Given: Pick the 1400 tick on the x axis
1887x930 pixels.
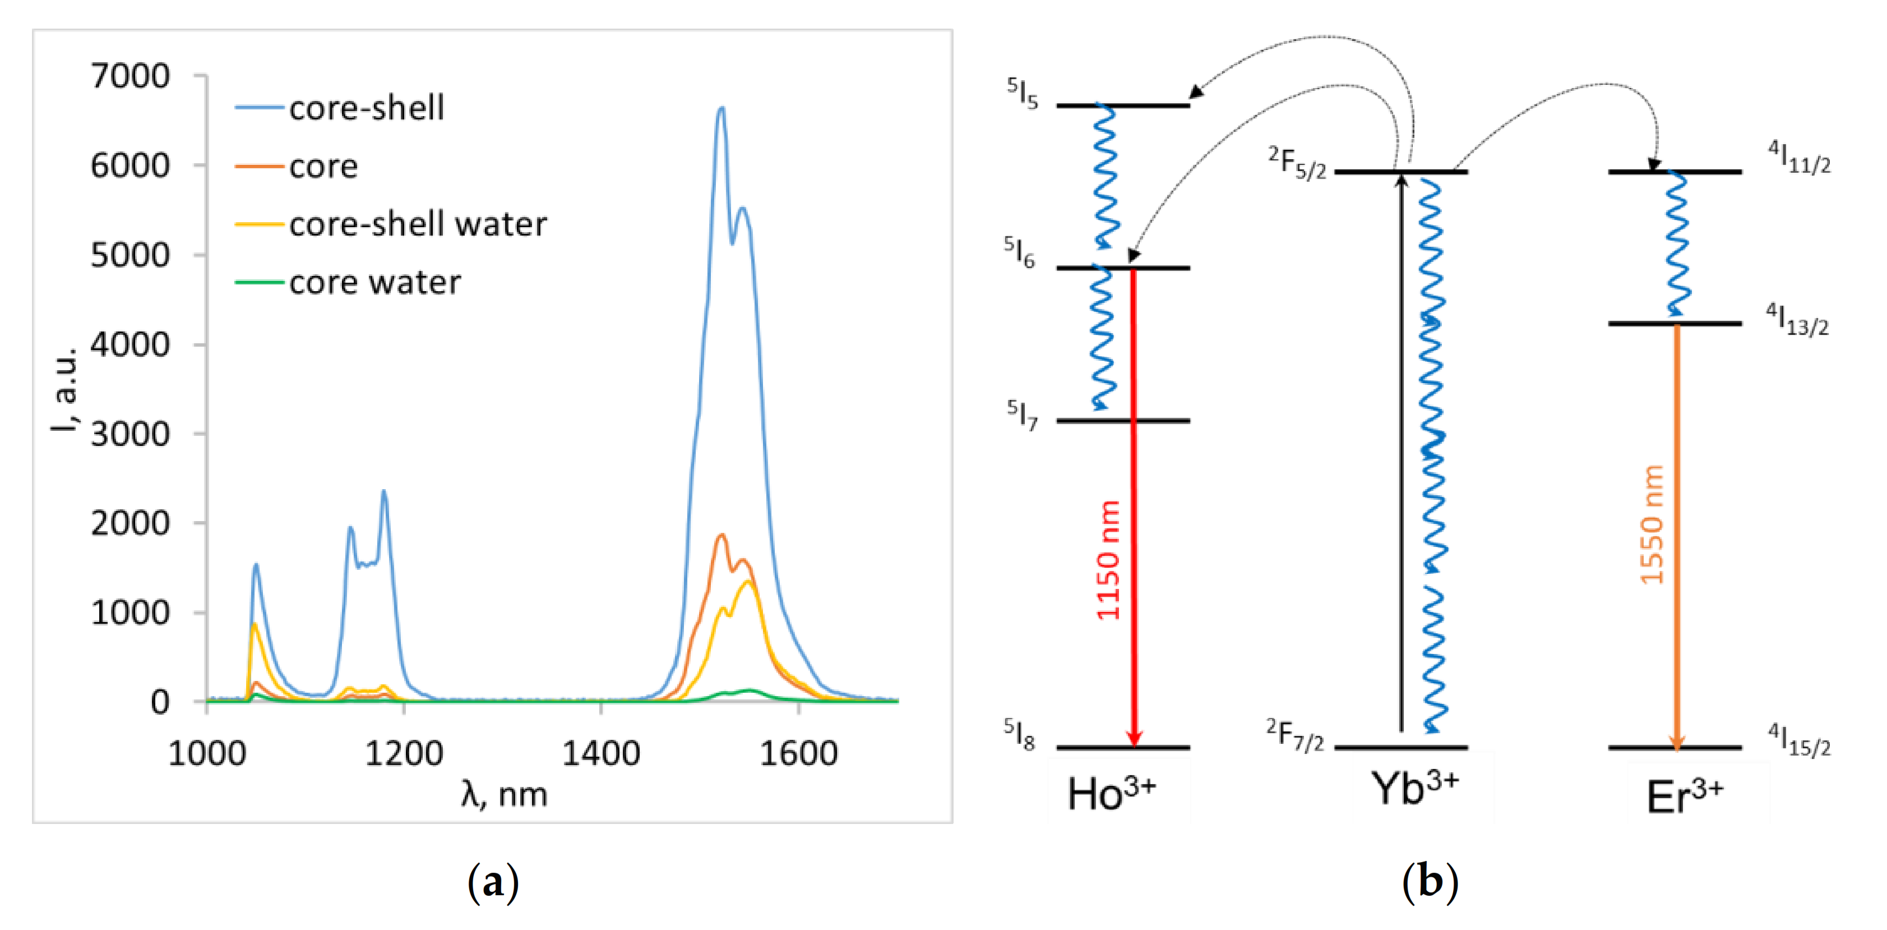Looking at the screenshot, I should (600, 753).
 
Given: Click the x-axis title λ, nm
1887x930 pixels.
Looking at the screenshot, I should (504, 794).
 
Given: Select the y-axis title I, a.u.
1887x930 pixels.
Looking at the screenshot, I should (64, 388).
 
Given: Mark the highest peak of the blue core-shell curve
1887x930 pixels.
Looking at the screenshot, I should (721, 108).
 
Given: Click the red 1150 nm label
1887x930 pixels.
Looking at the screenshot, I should (1108, 561).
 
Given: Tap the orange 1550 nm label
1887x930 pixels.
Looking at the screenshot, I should (1652, 524).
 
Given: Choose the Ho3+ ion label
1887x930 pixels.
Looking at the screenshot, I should (1111, 793).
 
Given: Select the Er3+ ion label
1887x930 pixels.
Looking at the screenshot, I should (1684, 796).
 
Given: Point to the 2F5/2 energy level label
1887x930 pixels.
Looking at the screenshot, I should (1297, 163).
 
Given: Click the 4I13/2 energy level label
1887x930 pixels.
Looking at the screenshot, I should (1797, 320).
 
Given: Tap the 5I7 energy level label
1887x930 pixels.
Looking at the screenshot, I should (1022, 415).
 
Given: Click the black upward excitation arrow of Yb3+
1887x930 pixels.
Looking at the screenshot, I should (1402, 454).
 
